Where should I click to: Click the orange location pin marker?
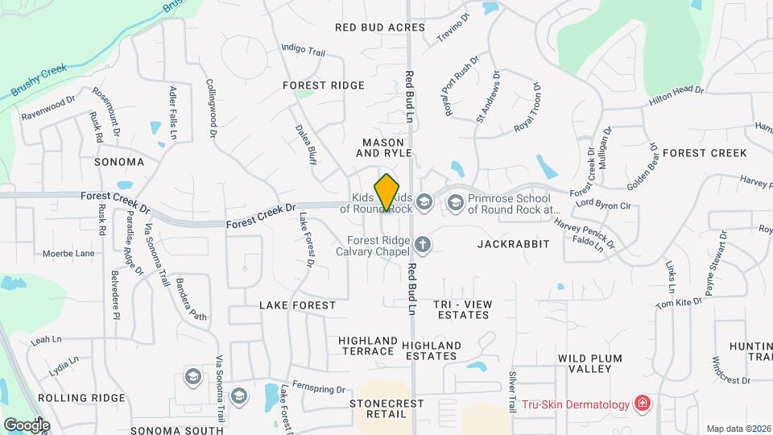387,192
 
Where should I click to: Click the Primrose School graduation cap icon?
456,201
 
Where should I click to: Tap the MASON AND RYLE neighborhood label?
384,147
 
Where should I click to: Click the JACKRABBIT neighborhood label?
513,243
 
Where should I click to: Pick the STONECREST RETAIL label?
382,408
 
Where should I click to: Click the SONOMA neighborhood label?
119,162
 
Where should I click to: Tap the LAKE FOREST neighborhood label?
297,305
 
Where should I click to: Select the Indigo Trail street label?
303,49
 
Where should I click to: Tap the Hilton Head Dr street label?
676,95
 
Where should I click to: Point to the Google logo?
27,425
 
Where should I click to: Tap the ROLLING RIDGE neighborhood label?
93,398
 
